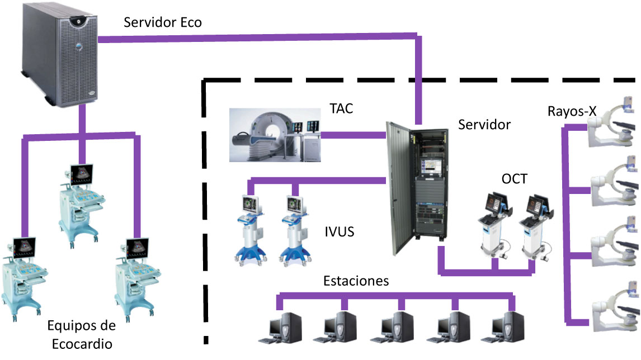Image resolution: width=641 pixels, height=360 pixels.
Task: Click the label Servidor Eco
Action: pos(162,23)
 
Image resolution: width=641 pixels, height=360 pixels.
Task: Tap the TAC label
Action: pos(341,108)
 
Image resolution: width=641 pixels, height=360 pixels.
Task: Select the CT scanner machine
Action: pos(274,135)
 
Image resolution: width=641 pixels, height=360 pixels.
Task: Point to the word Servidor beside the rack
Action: pos(484,124)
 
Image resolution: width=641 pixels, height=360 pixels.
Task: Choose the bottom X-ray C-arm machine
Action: pos(613,312)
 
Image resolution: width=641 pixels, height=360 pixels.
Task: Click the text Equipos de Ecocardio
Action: pos(82,334)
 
